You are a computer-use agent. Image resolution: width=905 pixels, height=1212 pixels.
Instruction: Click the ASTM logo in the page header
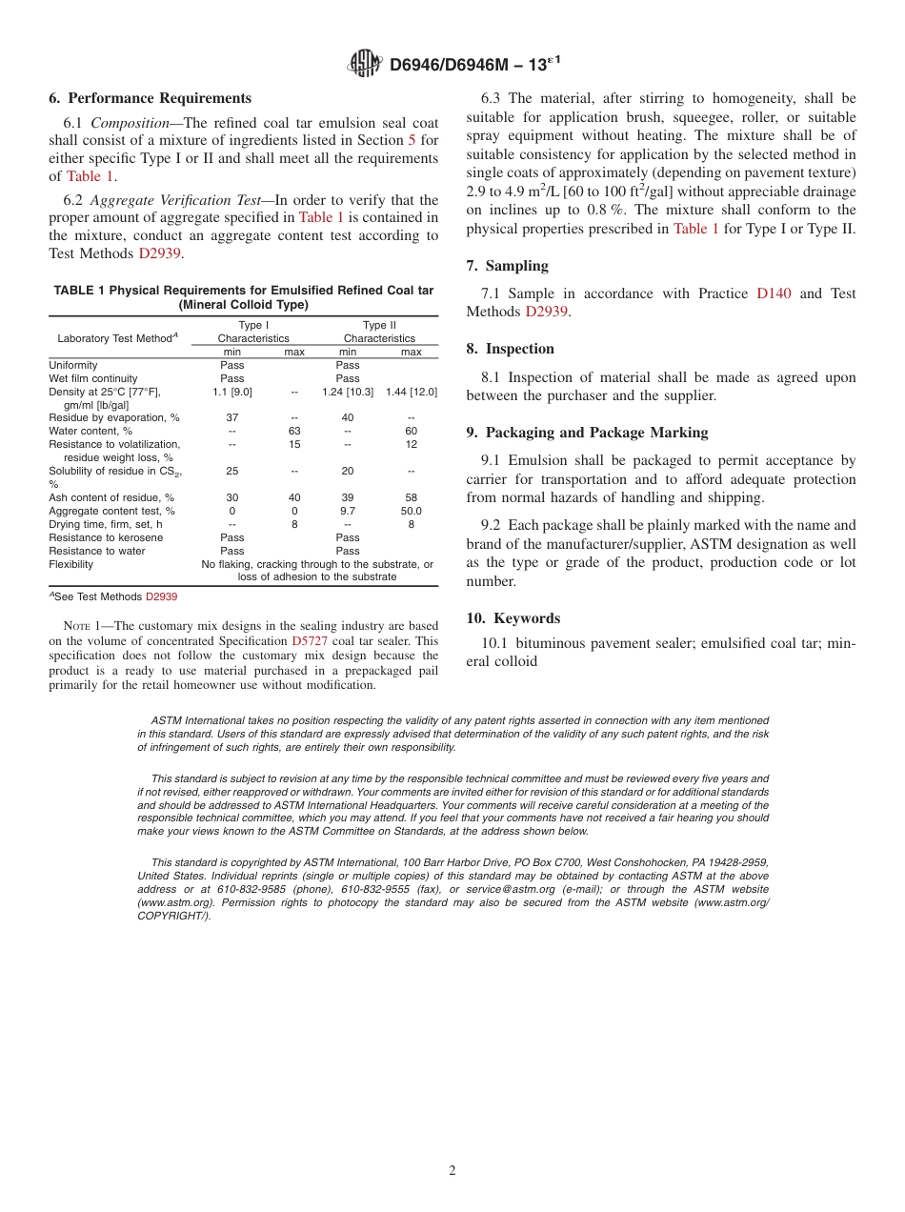click(x=365, y=64)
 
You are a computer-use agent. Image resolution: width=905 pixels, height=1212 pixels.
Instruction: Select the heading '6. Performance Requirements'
click(x=150, y=98)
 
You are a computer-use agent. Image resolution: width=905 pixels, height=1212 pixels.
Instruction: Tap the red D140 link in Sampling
click(x=774, y=293)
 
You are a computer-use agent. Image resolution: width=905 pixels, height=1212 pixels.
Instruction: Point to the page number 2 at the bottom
click(x=452, y=1171)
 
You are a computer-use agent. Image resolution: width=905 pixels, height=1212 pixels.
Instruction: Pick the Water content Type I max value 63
click(x=294, y=431)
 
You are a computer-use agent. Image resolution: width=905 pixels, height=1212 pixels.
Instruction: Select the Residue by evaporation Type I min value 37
click(x=231, y=417)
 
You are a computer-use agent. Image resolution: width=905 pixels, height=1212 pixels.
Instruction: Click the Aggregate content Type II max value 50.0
click(x=411, y=511)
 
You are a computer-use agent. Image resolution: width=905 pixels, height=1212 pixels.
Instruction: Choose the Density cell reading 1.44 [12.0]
click(x=411, y=392)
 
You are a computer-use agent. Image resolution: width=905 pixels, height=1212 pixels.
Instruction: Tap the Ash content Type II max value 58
click(x=411, y=497)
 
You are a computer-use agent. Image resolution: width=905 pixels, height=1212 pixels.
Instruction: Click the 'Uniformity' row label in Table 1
click(x=73, y=365)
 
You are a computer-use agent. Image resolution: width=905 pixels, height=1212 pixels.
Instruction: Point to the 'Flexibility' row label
click(x=71, y=564)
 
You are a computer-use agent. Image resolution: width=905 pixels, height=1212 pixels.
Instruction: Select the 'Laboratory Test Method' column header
click(x=116, y=338)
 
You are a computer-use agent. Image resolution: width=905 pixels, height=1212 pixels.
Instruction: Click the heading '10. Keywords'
click(x=513, y=618)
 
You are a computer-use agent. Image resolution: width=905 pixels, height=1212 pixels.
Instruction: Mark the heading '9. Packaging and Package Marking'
click(x=587, y=433)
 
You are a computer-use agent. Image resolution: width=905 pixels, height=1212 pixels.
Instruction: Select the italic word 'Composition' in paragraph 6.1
click(x=135, y=123)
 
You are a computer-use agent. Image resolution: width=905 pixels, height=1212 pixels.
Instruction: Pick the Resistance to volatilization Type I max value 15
click(x=294, y=444)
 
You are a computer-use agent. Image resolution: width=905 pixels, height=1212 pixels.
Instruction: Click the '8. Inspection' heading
click(x=510, y=349)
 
